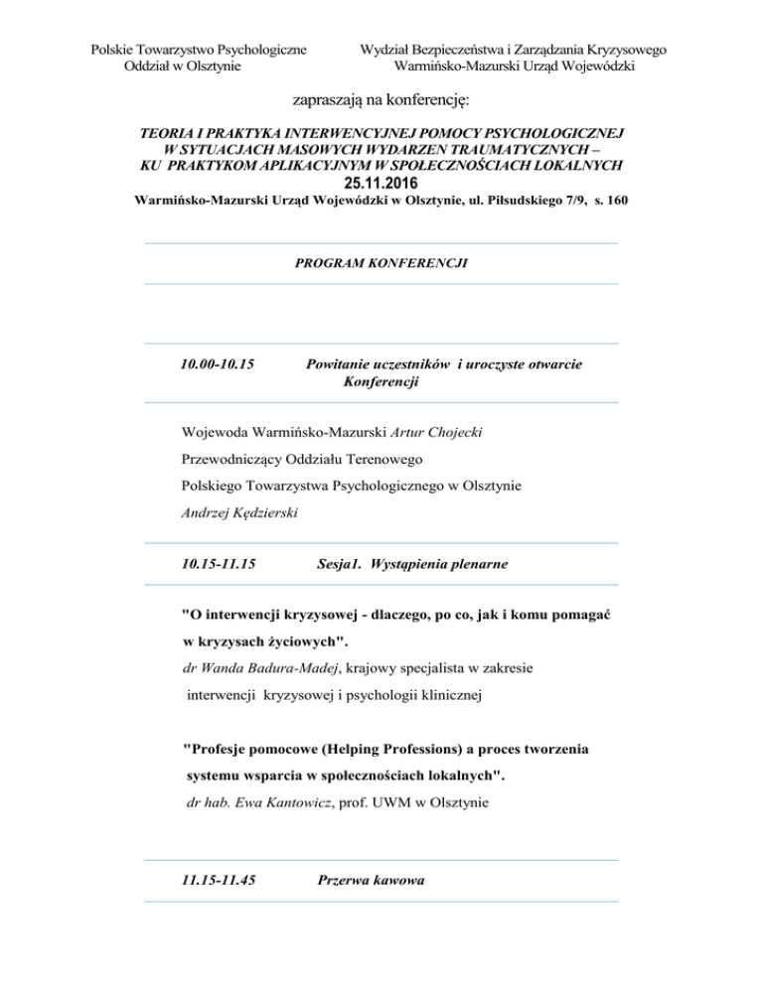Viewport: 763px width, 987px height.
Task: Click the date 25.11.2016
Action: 381,183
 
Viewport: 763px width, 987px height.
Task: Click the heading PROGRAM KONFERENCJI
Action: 381,263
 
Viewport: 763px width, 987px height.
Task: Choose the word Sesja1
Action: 341,564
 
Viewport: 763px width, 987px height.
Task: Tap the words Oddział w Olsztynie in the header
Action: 183,67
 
